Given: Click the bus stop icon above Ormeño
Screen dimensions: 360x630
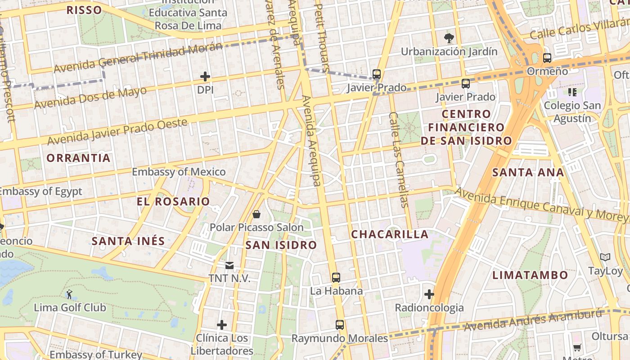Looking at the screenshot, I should pos(547,58).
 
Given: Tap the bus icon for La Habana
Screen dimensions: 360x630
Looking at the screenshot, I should pos(336,277).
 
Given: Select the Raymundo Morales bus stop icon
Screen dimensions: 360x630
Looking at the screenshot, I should pos(340,324).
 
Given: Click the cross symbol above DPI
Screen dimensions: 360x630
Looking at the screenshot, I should pos(205,76).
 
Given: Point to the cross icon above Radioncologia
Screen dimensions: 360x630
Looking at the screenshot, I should pos(429,294).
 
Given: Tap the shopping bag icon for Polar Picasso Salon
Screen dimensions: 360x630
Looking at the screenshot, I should pos(256,214).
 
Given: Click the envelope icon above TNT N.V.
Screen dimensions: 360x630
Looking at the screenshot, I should pos(229,265).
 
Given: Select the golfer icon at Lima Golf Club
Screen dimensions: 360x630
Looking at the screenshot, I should pos(69,295).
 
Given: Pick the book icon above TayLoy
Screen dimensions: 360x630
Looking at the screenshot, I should pos(605,257).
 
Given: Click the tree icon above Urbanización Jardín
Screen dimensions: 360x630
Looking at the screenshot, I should pos(449,38).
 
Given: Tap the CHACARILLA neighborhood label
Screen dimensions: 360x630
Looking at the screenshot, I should pos(390,234).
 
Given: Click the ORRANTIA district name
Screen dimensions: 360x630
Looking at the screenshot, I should pos(78,158).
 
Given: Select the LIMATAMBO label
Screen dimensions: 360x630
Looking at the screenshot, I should pos(530,275).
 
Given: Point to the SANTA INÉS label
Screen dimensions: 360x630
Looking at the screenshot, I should pos(128,241).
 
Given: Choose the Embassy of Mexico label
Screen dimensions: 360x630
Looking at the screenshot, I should pos(179,172).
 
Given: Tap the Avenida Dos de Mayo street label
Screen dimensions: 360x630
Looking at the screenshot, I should pos(90,97).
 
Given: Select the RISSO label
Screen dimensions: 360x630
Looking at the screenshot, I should pos(84,10).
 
